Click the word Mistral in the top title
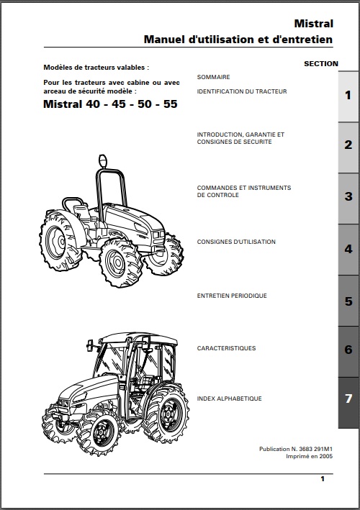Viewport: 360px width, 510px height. click(x=313, y=24)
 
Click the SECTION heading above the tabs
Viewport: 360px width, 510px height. click(x=321, y=64)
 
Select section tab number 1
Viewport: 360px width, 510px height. click(x=348, y=96)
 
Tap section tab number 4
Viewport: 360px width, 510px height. click(x=348, y=249)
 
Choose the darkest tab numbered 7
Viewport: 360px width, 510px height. click(x=348, y=402)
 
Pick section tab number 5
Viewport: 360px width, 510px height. click(x=348, y=301)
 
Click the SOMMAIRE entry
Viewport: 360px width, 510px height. click(x=214, y=77)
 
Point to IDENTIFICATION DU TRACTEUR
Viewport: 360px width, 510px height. click(x=242, y=91)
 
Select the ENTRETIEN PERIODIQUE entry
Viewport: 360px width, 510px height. click(x=232, y=296)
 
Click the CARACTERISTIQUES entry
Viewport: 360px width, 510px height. click(x=226, y=348)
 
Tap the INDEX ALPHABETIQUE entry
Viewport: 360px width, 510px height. click(x=229, y=399)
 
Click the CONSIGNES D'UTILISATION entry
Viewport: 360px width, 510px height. click(x=236, y=242)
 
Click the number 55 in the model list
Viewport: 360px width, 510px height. click(x=170, y=104)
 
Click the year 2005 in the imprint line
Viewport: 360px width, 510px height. click(x=326, y=456)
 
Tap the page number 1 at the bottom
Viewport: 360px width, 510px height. click(x=323, y=479)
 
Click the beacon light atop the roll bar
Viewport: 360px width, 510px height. click(x=103, y=161)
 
